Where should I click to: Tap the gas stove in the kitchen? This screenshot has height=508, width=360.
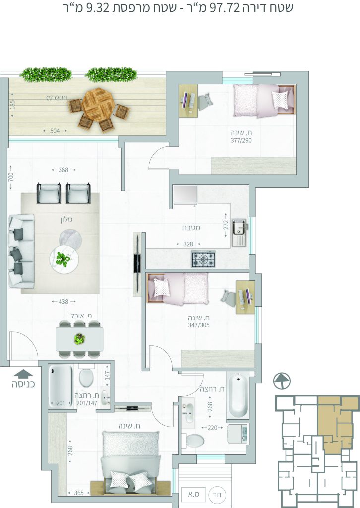click(203, 259)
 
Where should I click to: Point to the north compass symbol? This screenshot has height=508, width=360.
click(282, 381)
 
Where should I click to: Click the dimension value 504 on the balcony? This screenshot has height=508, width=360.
click(55, 131)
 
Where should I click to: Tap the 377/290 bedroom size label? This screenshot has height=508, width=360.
click(241, 140)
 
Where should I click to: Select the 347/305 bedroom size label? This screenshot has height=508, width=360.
click(199, 325)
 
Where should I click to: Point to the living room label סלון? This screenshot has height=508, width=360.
click(66, 220)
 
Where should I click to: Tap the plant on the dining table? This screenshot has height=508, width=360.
click(79, 339)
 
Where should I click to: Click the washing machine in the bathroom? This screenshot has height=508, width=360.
click(238, 434)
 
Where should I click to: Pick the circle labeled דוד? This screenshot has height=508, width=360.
click(218, 495)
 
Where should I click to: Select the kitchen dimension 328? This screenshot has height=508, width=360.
click(188, 244)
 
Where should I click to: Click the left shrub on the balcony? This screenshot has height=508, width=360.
click(46, 74)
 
